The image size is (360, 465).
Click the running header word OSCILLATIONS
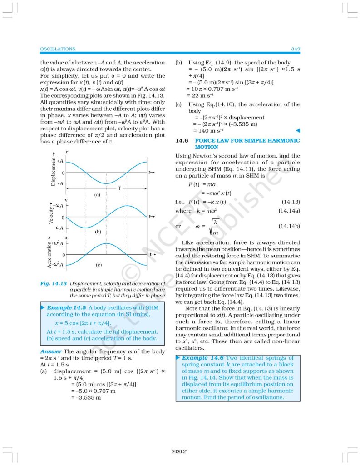coord(58,49)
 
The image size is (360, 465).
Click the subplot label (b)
coord(97,232)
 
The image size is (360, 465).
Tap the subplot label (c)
coord(98,264)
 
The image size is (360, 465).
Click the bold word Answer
coord(50,351)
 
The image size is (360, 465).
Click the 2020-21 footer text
coord(180,452)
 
